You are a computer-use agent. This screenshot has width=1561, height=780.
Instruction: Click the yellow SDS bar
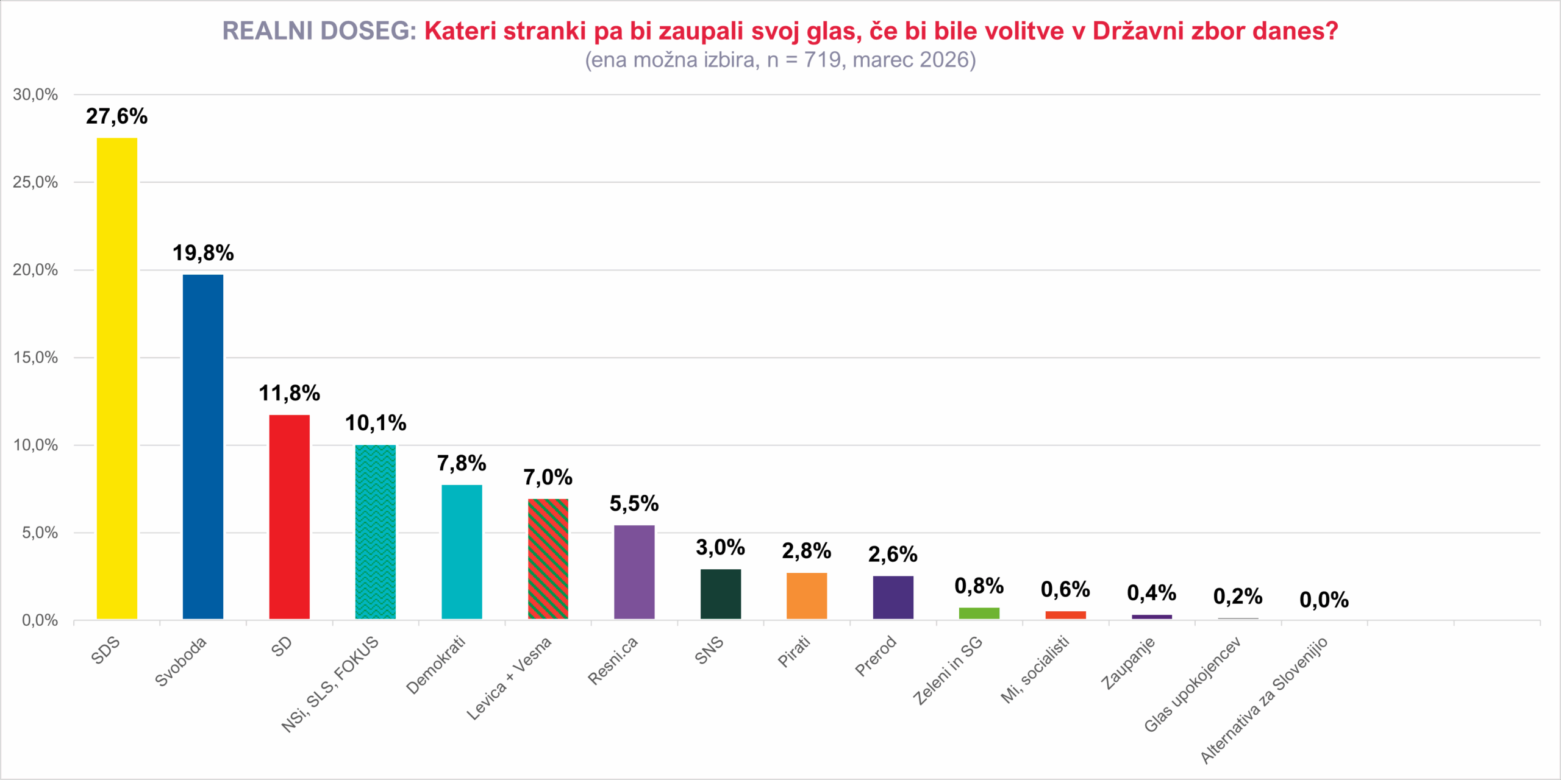pos(117,378)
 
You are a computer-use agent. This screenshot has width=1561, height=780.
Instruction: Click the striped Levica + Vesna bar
pos(548,559)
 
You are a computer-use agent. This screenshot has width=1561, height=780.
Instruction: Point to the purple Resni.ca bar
pos(634,572)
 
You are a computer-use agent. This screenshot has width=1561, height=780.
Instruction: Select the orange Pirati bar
pos(807,595)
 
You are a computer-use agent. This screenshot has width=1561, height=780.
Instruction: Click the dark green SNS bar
pos(721,594)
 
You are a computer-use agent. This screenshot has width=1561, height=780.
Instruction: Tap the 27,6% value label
pos(117,116)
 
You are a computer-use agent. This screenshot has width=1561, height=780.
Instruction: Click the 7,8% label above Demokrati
pos(462,464)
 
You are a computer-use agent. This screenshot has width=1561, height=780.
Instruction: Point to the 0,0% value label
pos(1324,600)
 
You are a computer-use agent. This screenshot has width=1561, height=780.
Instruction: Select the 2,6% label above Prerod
pos(893,555)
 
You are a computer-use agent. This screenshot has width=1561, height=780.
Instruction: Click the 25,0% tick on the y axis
pos(35,182)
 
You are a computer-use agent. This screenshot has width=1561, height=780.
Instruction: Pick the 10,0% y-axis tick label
pos(35,445)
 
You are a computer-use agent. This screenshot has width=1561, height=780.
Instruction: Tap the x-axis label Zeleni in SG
pos(948,670)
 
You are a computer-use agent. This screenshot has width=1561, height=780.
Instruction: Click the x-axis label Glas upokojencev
pos(1193,685)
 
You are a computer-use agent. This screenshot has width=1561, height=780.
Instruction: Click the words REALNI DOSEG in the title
pos(319,31)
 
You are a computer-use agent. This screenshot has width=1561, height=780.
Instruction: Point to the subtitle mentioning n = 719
pos(780,60)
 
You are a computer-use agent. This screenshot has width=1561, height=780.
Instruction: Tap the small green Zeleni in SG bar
pos(979,613)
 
